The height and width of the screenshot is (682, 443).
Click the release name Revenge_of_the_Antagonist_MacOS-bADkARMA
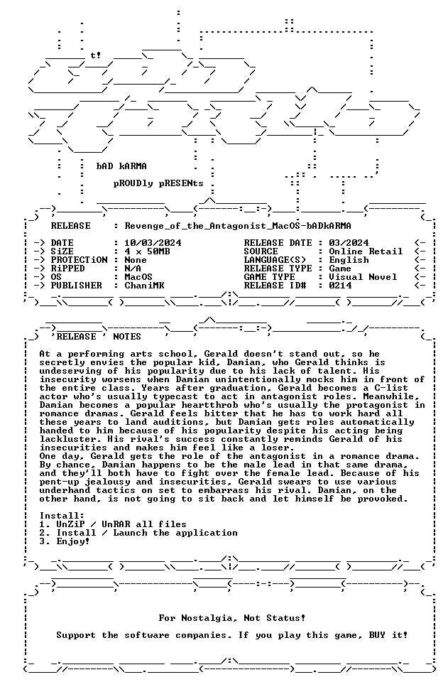click(x=238, y=226)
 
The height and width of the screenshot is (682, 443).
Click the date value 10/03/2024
click(x=153, y=243)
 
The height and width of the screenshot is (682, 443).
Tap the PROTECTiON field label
click(x=79, y=260)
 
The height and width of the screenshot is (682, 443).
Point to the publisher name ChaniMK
click(x=144, y=286)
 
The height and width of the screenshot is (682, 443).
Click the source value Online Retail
click(x=366, y=251)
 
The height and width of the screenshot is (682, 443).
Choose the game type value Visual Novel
click(x=363, y=277)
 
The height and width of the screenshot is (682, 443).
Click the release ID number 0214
click(x=340, y=286)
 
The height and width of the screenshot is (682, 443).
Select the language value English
click(x=349, y=260)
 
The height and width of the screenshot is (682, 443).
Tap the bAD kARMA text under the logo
click(x=121, y=166)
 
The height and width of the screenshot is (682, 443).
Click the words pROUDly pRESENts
click(x=158, y=183)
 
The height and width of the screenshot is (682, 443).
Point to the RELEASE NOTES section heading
click(x=96, y=337)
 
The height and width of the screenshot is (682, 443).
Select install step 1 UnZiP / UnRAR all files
click(x=113, y=524)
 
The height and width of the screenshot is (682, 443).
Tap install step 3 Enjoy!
click(x=65, y=541)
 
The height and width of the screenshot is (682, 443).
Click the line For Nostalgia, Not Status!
click(x=231, y=618)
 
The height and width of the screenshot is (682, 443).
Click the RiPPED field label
click(x=68, y=269)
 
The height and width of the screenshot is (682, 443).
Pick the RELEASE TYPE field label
click(x=278, y=269)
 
